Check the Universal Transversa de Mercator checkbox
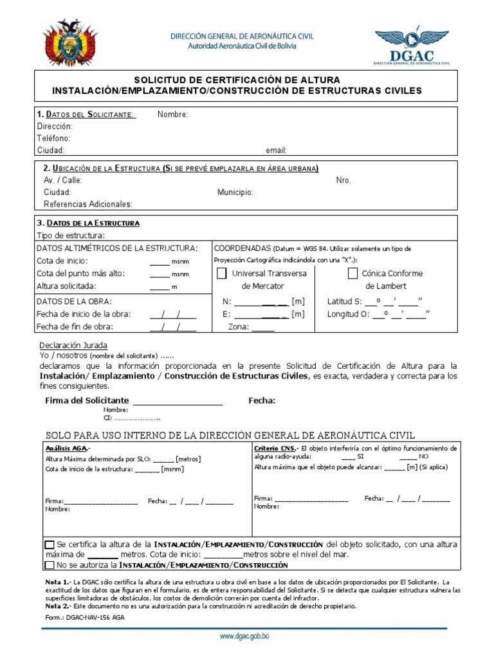222,274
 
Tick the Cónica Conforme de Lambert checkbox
352,274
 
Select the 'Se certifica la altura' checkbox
50,544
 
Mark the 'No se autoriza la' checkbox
50,565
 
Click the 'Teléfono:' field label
54,138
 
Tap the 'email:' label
276,150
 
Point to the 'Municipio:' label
235,192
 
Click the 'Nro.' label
343,180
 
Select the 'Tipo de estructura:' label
71,236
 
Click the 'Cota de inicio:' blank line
160,262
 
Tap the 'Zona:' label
239,327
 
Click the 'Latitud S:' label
344,301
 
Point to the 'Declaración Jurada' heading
73,346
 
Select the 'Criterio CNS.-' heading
276,448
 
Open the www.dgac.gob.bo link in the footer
244,636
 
